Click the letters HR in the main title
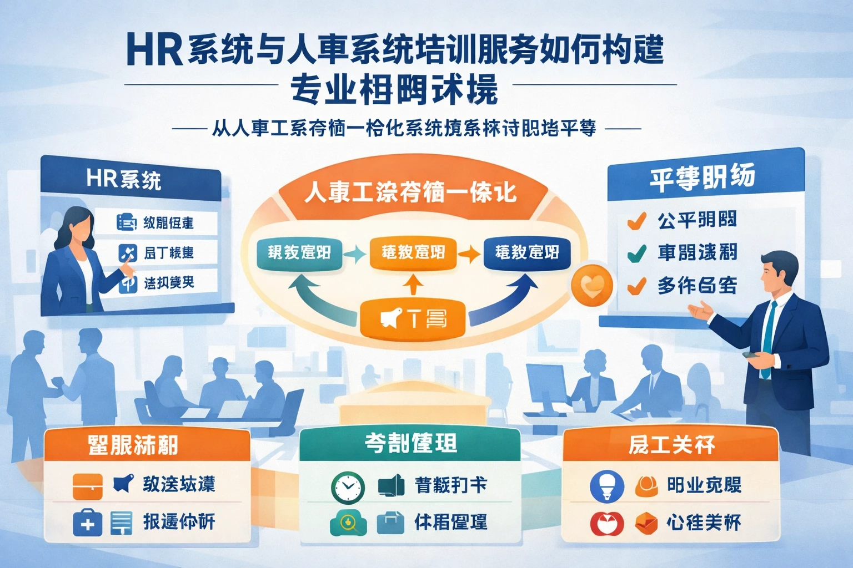(x=154, y=50)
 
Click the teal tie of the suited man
(x=768, y=338)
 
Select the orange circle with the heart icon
(x=592, y=286)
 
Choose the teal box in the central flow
(x=299, y=253)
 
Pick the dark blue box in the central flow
(x=526, y=253)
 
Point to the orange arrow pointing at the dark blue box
(x=469, y=253)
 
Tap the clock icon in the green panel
(x=348, y=487)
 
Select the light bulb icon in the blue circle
(x=606, y=486)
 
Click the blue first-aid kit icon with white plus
(x=87, y=523)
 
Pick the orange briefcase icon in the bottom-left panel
(x=87, y=486)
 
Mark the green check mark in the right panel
(x=636, y=253)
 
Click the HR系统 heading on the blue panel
(x=123, y=180)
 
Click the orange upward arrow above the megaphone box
(x=412, y=286)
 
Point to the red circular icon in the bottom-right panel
(x=606, y=523)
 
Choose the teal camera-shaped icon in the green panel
(x=348, y=523)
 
